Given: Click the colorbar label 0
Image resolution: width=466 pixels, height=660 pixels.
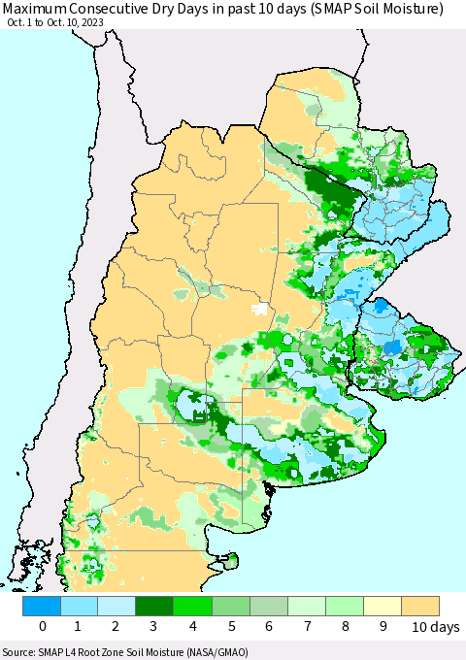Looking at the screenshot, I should [42, 627].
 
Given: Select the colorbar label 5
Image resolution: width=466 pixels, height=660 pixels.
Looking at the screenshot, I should [231, 627].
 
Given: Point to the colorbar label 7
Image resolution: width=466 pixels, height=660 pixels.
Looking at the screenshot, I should [307, 627].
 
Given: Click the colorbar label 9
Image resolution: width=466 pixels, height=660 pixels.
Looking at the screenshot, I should [383, 627].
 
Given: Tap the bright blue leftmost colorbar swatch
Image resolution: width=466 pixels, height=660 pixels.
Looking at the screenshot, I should [41, 606].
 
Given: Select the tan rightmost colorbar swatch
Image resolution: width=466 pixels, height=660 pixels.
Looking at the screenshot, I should [419, 606].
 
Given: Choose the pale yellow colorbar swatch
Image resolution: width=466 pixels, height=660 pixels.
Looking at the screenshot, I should [382, 606].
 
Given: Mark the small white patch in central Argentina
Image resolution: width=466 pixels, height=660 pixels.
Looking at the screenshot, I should [259, 309].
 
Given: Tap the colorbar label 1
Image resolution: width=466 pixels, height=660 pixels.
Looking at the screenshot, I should [80, 627].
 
